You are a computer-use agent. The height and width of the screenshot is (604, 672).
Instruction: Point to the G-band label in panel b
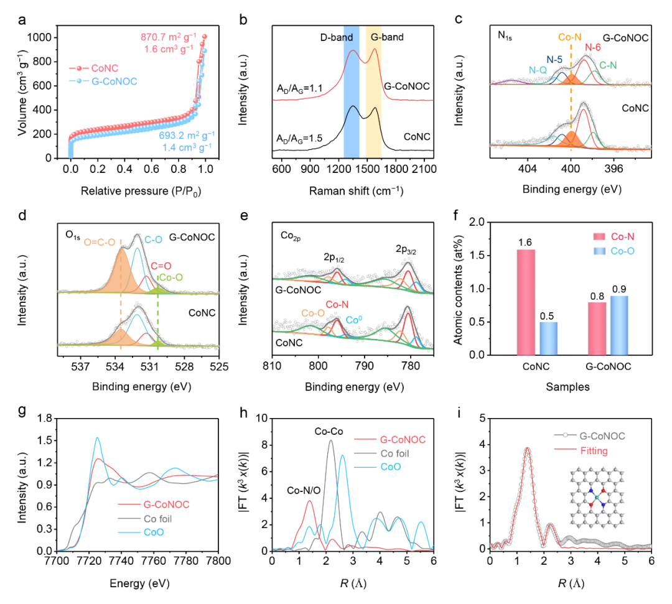(387, 37)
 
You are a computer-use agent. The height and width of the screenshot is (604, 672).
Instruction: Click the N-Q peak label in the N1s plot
(539, 71)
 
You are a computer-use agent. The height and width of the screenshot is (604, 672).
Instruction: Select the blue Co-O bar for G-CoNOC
(620, 325)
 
